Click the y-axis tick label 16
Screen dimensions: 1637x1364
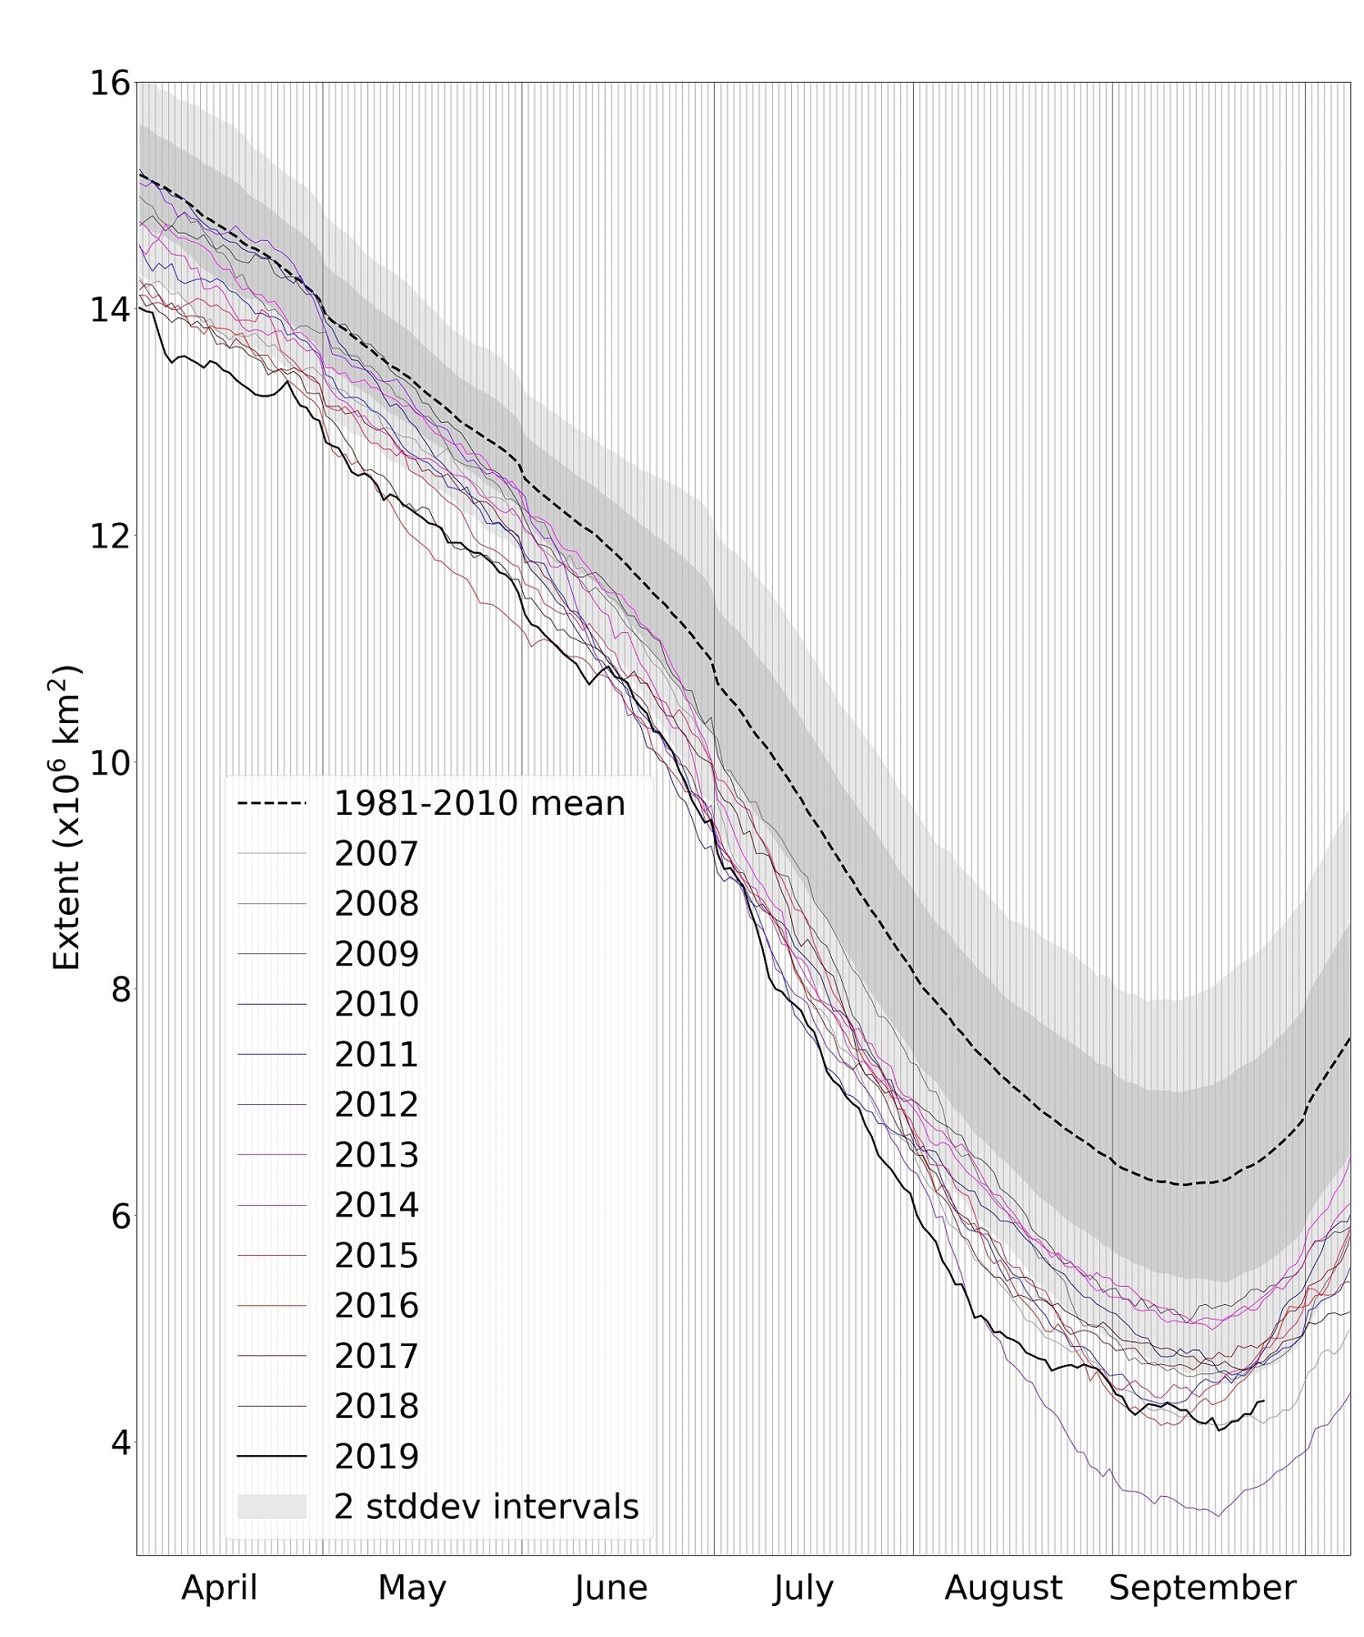(107, 83)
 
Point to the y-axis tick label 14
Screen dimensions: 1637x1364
(107, 309)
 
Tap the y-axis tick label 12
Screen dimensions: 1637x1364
(107, 536)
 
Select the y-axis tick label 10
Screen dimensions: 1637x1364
(107, 762)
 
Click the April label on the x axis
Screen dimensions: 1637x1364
(219, 1588)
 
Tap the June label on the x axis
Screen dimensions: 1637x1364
(611, 1588)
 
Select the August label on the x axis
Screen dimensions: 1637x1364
(1003, 1588)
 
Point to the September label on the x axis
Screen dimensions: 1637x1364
(1202, 1588)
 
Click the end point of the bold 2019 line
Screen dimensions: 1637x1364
(1264, 1401)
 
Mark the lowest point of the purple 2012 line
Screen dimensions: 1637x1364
(1219, 1515)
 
